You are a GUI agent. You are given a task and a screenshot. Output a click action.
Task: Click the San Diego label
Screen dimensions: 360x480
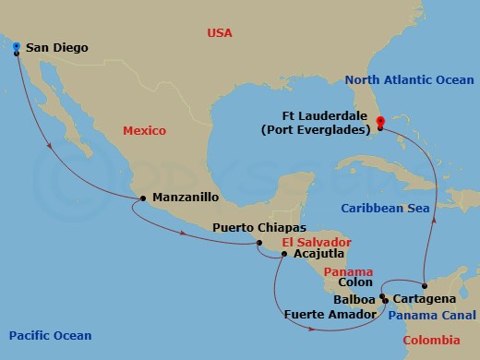pos(58,49)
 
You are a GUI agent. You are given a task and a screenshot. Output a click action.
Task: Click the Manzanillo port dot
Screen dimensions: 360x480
pos(141,198)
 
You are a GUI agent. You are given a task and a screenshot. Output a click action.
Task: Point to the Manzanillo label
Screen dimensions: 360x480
pos(185,198)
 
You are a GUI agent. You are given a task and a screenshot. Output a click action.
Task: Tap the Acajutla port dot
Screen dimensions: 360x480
pos(283,253)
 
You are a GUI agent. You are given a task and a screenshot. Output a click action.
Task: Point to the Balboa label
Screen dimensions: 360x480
pos(356,300)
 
